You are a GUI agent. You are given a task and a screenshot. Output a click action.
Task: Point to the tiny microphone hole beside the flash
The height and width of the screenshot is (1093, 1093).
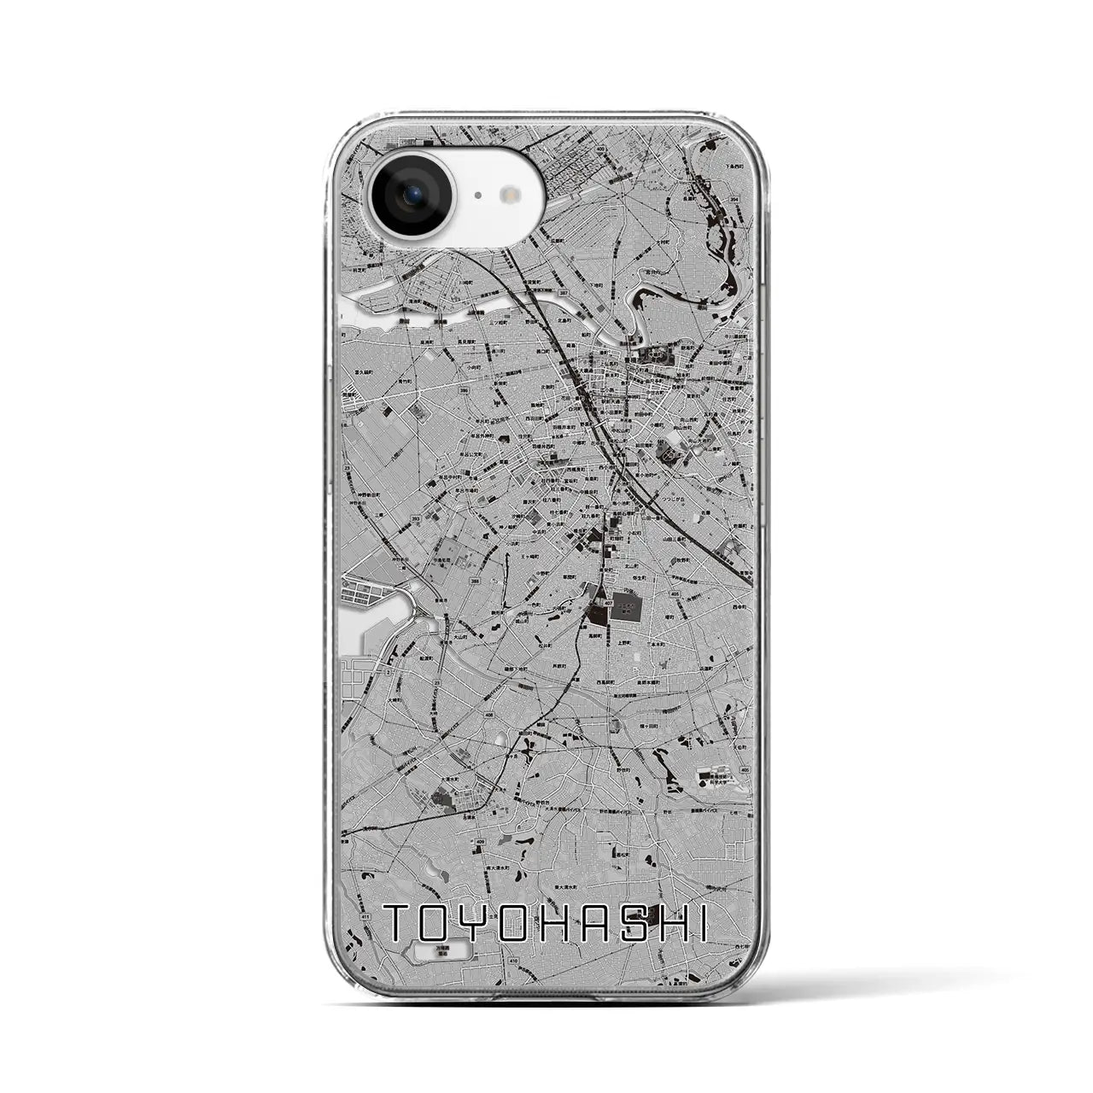tap(477, 196)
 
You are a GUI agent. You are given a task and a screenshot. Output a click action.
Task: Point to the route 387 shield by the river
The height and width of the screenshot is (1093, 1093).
tap(563, 293)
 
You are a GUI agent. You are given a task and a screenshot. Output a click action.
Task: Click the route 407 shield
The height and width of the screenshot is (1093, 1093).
tap(607, 603)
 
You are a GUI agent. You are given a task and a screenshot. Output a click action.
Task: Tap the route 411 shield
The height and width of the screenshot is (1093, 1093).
tap(365, 892)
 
